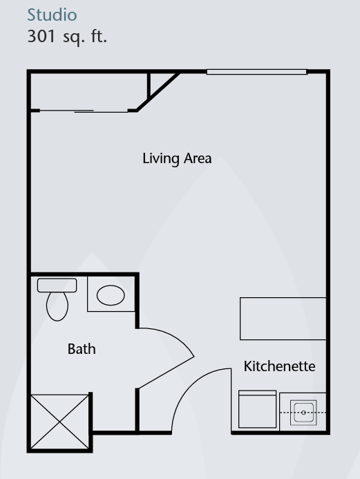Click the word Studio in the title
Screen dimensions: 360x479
(x=52, y=15)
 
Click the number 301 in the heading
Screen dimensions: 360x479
(x=41, y=37)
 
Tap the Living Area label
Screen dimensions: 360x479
(x=177, y=158)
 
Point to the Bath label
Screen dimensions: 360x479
(x=82, y=349)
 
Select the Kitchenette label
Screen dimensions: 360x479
(x=279, y=366)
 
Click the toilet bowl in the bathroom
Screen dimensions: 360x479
(x=57, y=306)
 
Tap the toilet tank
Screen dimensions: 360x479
(x=57, y=285)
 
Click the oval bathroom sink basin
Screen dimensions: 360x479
(x=111, y=295)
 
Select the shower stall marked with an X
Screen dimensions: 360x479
(x=60, y=422)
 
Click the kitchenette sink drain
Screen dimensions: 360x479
(x=303, y=413)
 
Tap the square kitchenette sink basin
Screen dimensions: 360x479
(x=303, y=413)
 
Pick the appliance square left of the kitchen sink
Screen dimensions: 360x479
(x=258, y=409)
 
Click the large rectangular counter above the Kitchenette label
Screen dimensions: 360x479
(x=283, y=319)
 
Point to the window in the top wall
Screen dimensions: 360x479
(x=256, y=72)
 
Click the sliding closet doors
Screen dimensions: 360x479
(x=84, y=111)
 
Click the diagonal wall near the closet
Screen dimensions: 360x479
(x=158, y=92)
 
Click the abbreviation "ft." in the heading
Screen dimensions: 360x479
(x=99, y=37)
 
